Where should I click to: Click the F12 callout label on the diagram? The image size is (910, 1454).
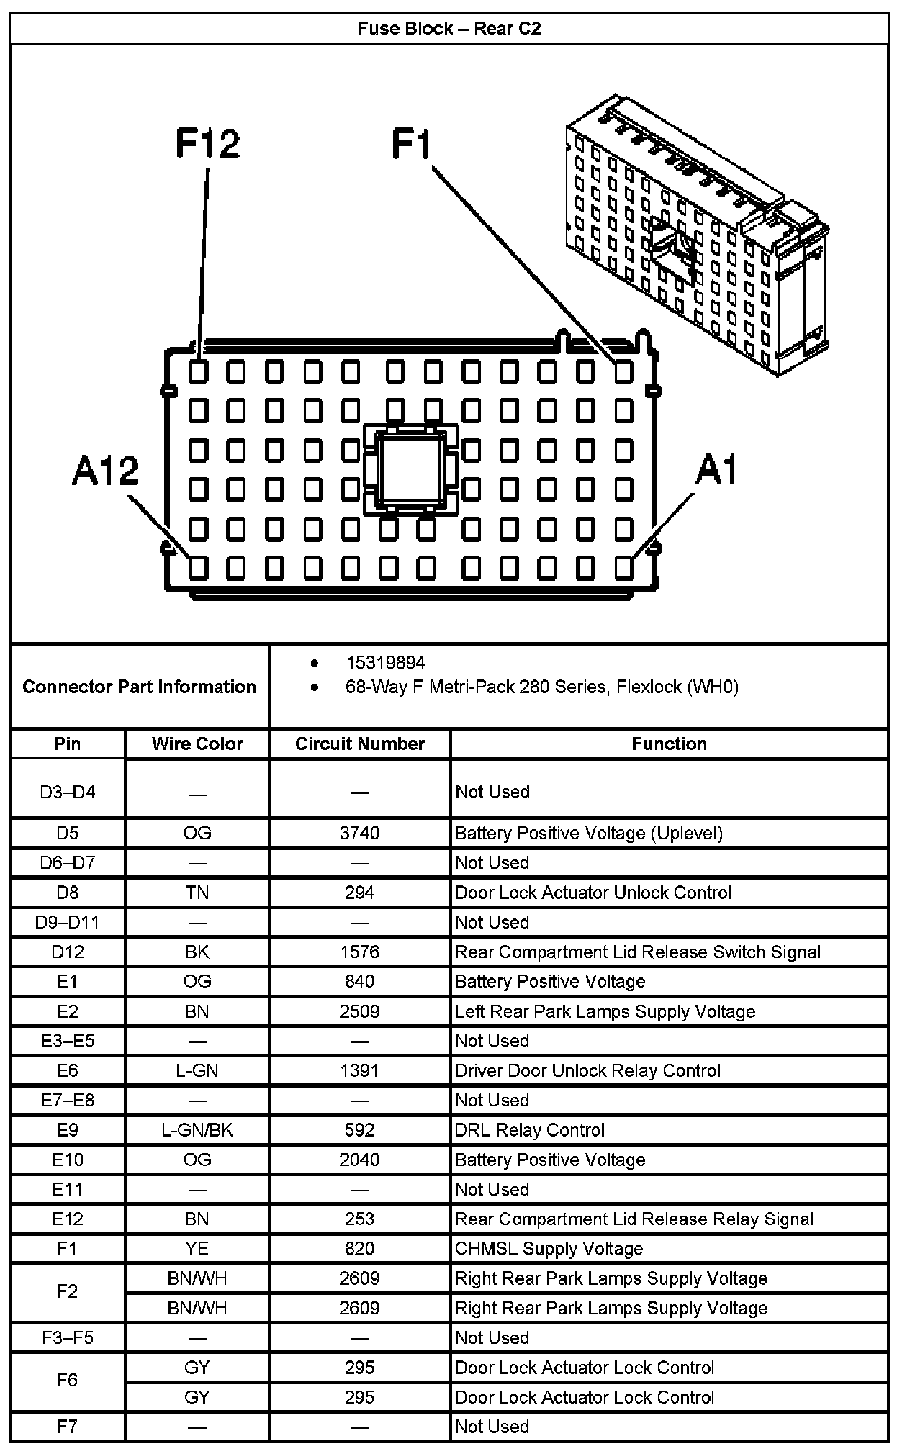207,143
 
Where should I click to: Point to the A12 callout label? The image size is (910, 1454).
105,471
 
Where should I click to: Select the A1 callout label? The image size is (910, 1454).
716,471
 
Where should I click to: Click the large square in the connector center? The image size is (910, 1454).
411,470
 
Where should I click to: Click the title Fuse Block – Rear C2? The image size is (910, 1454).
449,29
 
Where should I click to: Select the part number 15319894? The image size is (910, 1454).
385,662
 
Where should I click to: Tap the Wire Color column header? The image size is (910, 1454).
197,744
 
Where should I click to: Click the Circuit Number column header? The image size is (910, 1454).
360,744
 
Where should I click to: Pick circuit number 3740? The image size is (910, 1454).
359,833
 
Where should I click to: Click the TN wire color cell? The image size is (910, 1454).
197,893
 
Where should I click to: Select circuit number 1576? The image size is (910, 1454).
359,952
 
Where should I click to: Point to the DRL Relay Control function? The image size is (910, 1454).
529,1130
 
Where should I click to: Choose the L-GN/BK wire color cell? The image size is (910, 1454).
197,1130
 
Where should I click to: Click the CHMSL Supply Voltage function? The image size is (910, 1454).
549,1249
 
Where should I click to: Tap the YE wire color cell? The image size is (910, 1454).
197,1249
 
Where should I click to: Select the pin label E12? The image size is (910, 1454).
68,1219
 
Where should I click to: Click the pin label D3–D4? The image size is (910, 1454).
68,792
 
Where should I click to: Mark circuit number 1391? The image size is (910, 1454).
359,1070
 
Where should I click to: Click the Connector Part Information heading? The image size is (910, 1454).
139,687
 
